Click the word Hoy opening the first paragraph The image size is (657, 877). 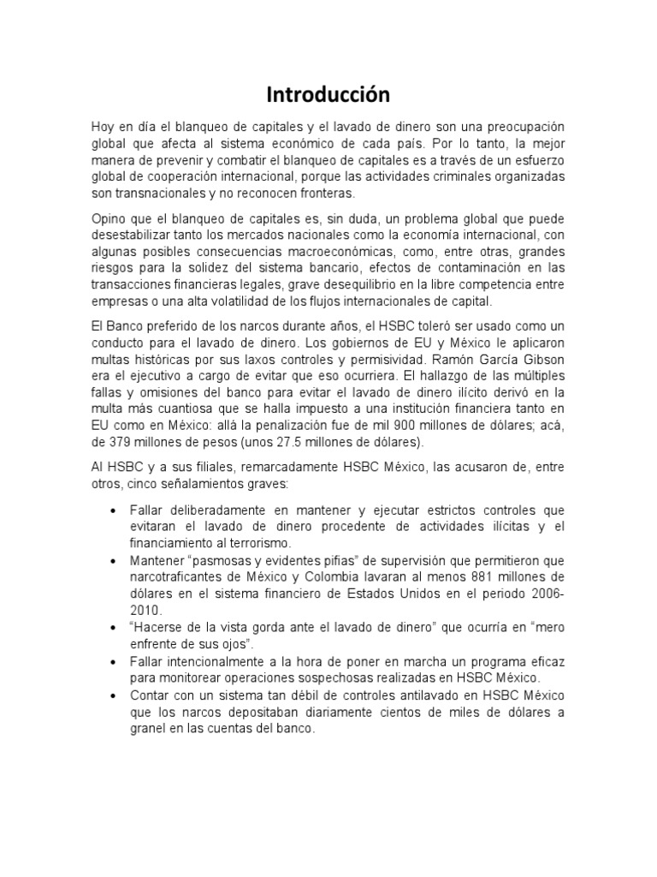coord(103,127)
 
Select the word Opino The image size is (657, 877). coord(109,218)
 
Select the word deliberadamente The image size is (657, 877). coord(208,510)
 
